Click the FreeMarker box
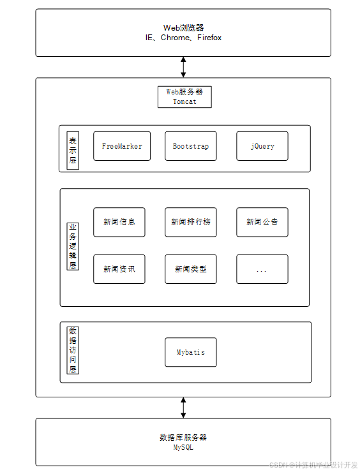pyautogui.click(x=122, y=146)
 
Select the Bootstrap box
pyautogui.click(x=191, y=146)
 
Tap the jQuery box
pyautogui.click(x=262, y=146)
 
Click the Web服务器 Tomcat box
pyautogui.click(x=184, y=97)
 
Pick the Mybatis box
pyautogui.click(x=191, y=352)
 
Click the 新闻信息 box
pyautogui.click(x=119, y=222)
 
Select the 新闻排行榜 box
pyautogui.click(x=191, y=222)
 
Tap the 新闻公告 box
pyautogui.click(x=262, y=222)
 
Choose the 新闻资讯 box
pyautogui.click(x=119, y=269)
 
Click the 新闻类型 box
pyautogui.click(x=191, y=269)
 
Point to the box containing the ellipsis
pyautogui.click(x=262, y=269)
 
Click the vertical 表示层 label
pyautogui.click(x=73, y=151)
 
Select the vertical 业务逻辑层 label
pyautogui.click(x=73, y=246)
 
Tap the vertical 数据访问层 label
pyautogui.click(x=73, y=350)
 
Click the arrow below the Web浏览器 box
pyautogui.click(x=183, y=67)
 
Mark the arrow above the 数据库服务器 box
pyautogui.click(x=183, y=408)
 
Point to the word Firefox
pyautogui.click(x=209, y=38)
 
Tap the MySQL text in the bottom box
pyautogui.click(x=183, y=447)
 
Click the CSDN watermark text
pyautogui.click(x=313, y=465)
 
